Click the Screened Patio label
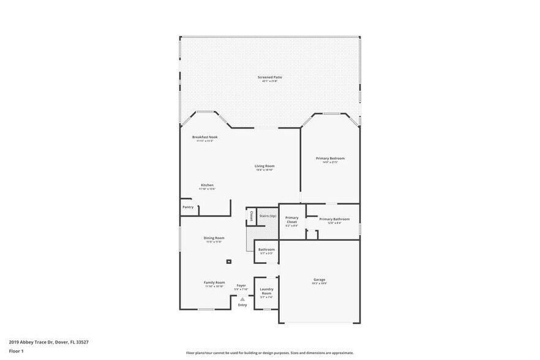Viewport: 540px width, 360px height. [269, 77]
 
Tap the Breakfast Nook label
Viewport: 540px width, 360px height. [204, 137]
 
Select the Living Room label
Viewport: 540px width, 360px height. [264, 166]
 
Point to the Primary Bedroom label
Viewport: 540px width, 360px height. [330, 159]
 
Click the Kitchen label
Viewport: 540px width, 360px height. [207, 185]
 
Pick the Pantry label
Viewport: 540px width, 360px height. [188, 207]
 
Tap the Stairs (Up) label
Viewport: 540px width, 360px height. [268, 216]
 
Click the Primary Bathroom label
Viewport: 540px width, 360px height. [334, 219]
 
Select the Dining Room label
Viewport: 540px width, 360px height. [214, 238]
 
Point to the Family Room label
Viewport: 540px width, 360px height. [214, 282]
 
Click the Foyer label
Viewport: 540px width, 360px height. [241, 285]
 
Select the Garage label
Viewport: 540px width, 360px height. [320, 280]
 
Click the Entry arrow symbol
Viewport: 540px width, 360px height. [242, 299]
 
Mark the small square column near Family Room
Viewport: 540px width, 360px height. [229, 261]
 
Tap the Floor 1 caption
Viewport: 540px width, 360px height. [16, 351]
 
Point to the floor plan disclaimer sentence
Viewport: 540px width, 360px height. [269, 353]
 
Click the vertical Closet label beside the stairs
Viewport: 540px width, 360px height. [251, 216]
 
